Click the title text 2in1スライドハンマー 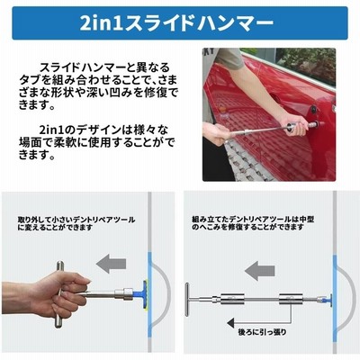[x=176, y=23]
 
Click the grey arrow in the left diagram [x=112, y=264]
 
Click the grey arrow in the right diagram [x=260, y=271]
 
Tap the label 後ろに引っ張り [x=262, y=332]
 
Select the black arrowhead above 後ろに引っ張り [x=231, y=323]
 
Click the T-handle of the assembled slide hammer [x=186, y=300]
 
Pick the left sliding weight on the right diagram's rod [x=232, y=300]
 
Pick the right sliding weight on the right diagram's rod [x=291, y=300]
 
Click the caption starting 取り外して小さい [x=76, y=223]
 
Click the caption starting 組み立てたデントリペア [x=253, y=223]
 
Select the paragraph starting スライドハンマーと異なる [x=99, y=86]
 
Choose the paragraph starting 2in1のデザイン [x=97, y=142]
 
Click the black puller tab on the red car [x=313, y=109]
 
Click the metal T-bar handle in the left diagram [x=59, y=293]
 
